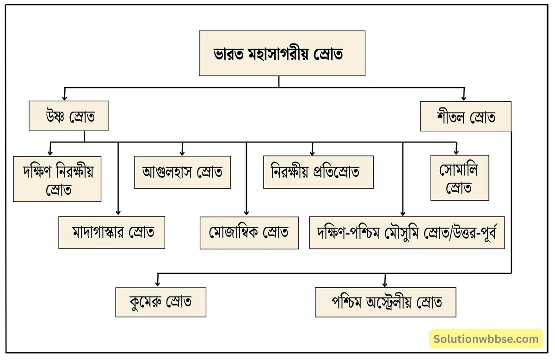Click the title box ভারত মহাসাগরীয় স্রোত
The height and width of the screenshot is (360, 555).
pyautogui.click(x=282, y=53)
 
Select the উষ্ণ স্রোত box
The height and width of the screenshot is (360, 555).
pyautogui.click(x=69, y=116)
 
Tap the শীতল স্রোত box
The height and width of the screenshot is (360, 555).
pyautogui.click(x=465, y=117)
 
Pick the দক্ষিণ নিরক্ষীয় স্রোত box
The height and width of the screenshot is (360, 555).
pyautogui.click(x=57, y=179)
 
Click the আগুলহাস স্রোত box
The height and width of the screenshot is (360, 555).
pyautogui.click(x=182, y=172)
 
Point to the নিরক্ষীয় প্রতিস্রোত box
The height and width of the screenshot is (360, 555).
pyautogui.click(x=318, y=172)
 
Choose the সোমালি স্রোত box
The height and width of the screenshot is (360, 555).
pyautogui.click(x=459, y=178)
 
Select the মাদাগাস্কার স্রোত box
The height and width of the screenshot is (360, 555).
pyautogui.click(x=112, y=232)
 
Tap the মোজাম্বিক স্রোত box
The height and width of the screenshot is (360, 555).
pyautogui.click(x=248, y=232)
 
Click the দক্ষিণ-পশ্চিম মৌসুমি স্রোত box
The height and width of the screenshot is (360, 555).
pyautogui.click(x=407, y=232)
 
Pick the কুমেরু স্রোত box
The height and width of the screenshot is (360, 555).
pyautogui.click(x=160, y=302)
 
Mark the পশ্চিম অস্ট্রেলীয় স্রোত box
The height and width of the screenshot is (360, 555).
pyautogui.click(x=385, y=302)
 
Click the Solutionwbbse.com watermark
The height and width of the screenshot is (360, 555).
pyautogui.click(x=486, y=339)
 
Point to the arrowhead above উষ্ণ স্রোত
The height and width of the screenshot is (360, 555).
pyautogui.click(x=65, y=97)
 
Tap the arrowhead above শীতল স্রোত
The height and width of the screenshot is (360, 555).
pyautogui.click(x=463, y=98)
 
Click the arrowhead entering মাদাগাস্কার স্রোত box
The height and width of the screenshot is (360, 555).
pyautogui.click(x=118, y=213)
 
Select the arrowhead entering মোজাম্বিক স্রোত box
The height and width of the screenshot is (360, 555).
pyautogui.click(x=246, y=213)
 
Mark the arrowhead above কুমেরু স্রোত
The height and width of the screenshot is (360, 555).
pyautogui.click(x=158, y=284)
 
